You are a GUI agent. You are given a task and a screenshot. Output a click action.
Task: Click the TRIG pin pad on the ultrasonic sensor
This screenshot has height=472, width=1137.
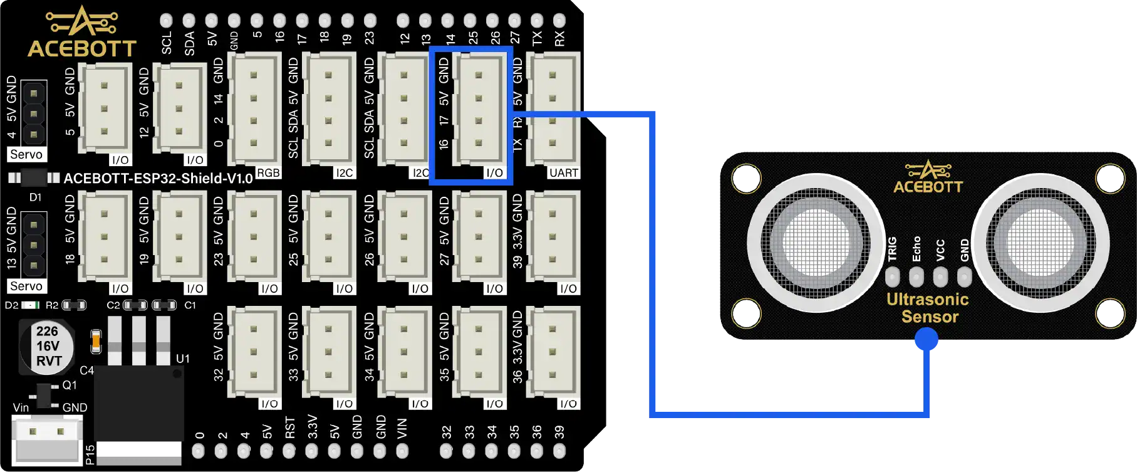[x=893, y=276]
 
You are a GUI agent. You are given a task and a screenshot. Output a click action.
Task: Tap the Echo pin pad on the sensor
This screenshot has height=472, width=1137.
[x=916, y=276]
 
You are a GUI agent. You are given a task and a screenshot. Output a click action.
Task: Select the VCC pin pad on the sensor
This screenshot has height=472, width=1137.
[x=940, y=276]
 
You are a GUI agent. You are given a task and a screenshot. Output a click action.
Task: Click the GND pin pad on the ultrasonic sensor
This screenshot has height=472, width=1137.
[x=964, y=276]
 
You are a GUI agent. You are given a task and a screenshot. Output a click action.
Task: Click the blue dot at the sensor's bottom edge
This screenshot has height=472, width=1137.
[x=927, y=340]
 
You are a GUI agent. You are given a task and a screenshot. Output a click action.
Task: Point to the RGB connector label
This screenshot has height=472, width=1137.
[x=268, y=172]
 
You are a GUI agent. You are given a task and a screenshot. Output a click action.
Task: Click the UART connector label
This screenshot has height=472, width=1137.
[x=563, y=172]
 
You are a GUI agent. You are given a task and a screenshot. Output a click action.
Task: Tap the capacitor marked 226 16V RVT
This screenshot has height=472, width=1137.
[x=46, y=345]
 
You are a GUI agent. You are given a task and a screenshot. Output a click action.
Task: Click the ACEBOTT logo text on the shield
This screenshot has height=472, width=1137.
[x=82, y=48]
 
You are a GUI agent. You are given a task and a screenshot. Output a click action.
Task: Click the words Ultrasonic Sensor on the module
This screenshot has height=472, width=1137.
[x=928, y=308]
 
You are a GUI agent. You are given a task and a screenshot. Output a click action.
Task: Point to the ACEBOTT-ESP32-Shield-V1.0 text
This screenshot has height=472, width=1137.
[x=158, y=179]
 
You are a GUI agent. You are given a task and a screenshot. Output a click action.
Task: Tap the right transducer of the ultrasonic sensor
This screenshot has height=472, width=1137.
[x=1039, y=242]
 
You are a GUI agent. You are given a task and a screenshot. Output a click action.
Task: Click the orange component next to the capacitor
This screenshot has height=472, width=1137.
[x=96, y=341]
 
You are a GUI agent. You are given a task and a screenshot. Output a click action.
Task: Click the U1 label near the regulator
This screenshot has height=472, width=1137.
[x=182, y=359]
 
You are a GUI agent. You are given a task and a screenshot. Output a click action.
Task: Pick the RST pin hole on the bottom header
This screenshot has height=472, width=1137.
[x=289, y=451]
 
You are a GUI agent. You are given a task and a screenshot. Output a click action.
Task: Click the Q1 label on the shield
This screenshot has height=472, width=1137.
[x=70, y=385]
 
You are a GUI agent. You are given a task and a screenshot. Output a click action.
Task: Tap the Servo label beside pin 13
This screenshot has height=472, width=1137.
[x=26, y=286]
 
